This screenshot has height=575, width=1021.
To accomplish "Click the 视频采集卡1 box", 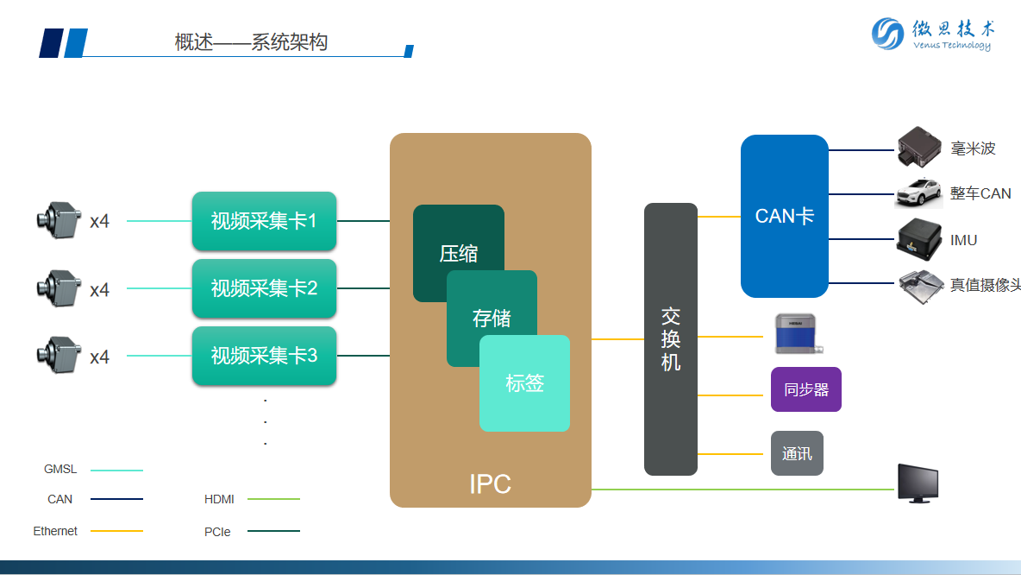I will tap(264, 221).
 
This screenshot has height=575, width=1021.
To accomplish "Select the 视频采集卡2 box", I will tap(264, 288).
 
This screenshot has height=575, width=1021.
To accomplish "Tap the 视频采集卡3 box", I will tap(264, 355).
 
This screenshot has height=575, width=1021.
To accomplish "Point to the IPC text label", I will tap(490, 483).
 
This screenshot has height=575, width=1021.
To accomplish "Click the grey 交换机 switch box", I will tap(671, 338).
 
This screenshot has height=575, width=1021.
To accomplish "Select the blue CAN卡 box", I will tap(784, 216).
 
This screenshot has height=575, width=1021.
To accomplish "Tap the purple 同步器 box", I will tap(805, 389).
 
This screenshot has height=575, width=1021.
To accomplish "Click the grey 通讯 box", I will tap(797, 453).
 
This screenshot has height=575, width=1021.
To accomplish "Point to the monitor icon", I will tap(918, 483).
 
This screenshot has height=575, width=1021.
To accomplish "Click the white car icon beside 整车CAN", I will tap(918, 193).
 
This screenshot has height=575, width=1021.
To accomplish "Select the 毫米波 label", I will tap(973, 148).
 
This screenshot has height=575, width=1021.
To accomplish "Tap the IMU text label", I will tap(963, 240).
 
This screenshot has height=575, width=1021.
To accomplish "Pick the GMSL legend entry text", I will tap(60, 470).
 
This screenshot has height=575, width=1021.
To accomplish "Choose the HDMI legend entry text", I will tap(219, 499).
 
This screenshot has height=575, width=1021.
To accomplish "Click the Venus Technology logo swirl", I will tap(888, 34).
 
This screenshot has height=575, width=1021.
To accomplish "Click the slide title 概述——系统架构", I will tap(251, 42).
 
